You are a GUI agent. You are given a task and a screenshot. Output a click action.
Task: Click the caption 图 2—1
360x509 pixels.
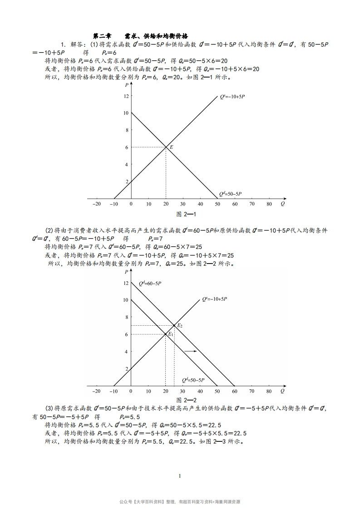click(186, 214)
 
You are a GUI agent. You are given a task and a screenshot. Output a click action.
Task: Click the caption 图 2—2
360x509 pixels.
click(186, 400)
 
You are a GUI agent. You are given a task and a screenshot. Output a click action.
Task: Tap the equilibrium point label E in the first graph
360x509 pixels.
click(172, 147)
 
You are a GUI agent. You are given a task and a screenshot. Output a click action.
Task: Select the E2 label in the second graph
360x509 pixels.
click(180, 326)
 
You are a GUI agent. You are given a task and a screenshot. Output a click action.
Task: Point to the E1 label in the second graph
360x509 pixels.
click(171, 334)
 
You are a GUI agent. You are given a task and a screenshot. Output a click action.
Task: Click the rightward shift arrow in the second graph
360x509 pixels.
click(190, 352)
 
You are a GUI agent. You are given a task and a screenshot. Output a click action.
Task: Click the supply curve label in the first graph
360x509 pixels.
click(232, 96)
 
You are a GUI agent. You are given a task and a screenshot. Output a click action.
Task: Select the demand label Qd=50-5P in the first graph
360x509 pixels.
click(231, 194)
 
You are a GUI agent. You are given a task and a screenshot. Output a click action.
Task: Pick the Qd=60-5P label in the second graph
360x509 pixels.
click(150, 284)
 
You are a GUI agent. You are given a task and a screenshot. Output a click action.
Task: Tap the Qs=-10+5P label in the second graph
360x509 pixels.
click(214, 299)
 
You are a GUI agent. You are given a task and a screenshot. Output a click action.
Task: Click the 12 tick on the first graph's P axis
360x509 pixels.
click(126, 96)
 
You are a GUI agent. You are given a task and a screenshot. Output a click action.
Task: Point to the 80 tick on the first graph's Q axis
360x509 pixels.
click(269, 204)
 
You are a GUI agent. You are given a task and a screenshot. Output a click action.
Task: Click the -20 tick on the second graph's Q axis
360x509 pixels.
click(96, 391)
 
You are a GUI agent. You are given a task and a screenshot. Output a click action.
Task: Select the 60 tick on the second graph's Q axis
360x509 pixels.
click(235, 391)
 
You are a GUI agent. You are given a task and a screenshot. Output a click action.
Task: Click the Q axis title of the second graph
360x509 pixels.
click(282, 391)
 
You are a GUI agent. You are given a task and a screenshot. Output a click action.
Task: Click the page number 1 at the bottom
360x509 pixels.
click(180, 476)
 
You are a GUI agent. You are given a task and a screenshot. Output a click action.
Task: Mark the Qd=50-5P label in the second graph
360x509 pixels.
click(193, 380)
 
